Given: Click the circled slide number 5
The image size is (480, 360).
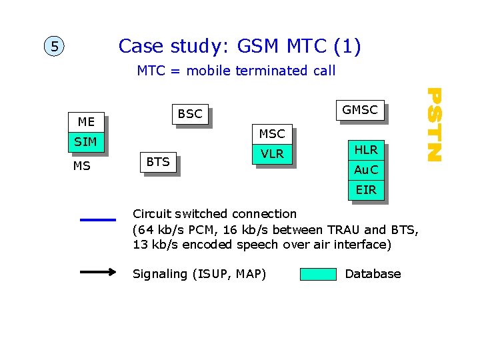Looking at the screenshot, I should coord(53,47).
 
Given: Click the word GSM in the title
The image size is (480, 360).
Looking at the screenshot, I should coord(256,46).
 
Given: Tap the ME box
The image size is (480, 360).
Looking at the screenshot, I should coord(86,122).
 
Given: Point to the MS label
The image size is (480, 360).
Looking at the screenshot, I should coord(81,166).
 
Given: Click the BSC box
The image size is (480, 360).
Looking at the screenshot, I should coord(190,114).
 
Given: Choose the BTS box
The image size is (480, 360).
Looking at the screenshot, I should coord(158,162).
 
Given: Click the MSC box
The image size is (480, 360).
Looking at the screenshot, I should coord(271,134).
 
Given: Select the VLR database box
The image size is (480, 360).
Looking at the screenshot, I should coord(272,154).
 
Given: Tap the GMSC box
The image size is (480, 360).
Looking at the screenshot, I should coord(359,110).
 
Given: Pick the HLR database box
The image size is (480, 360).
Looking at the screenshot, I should coord(366,150).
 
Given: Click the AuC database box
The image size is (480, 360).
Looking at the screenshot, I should coord(366,170).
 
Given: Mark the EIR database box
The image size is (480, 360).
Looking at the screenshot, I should coord(366,190).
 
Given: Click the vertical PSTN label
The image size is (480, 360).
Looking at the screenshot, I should coord(434,124).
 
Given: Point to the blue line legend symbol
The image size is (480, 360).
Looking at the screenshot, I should coord(97,219).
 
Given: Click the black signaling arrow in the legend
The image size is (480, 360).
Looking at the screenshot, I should coord(97,273).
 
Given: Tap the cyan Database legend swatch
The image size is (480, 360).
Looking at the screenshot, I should coord(318,274).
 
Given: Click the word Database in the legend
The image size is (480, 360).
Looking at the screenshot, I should coord(373,274).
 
